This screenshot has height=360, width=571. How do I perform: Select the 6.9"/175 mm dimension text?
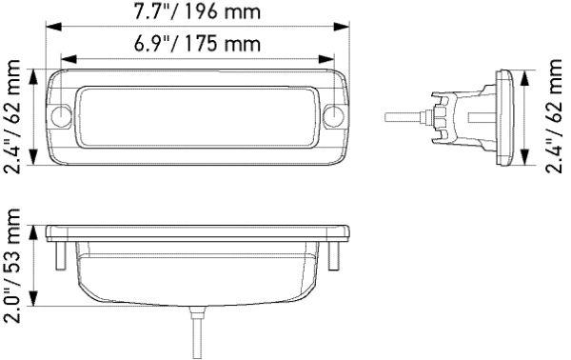[x=198, y=45]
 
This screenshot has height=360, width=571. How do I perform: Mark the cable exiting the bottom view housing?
[x=199, y=332]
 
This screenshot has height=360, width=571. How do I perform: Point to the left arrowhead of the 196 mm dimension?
[x=49, y=29]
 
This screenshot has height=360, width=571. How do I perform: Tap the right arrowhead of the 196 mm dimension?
[x=349, y=29]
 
